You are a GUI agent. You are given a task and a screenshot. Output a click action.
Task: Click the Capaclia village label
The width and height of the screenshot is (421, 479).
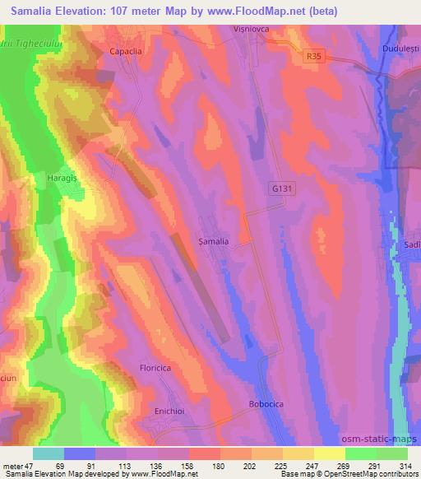pyautogui.click(x=127, y=50)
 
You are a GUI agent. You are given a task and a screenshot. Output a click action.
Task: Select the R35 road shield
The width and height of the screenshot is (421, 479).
pyautogui.click(x=311, y=56)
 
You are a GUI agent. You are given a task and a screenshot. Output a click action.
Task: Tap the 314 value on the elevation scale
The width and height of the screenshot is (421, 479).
pyautogui.click(x=405, y=465)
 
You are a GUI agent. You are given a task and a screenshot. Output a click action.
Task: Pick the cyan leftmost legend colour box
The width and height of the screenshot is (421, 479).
pyautogui.click(x=49, y=453)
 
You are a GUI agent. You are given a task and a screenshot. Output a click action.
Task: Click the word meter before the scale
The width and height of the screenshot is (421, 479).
pyautogui.click(x=14, y=465)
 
